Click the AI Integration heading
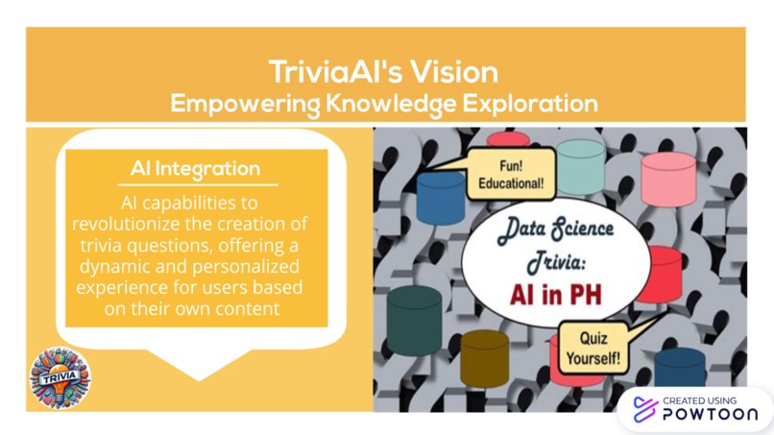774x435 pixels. pos(195,169)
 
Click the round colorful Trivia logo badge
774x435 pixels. pos(60,377)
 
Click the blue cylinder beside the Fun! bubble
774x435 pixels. pos(441,197)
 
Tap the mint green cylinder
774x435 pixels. pos(580,165)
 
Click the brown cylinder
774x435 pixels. pos(484,355)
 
